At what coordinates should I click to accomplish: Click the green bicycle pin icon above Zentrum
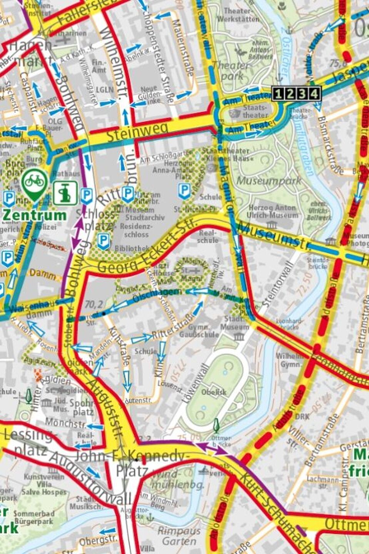[x=35, y=183]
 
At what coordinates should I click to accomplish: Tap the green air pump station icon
[x=65, y=193]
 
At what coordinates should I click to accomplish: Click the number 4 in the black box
[x=315, y=93]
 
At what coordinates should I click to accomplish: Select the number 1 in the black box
[x=279, y=93]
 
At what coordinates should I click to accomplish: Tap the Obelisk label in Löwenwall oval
[x=214, y=392]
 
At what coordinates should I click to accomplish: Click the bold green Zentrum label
[x=34, y=215]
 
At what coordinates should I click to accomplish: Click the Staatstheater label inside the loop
[x=255, y=111]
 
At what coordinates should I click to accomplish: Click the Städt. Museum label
[x=234, y=323]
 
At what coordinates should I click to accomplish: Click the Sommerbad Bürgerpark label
[x=33, y=517]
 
